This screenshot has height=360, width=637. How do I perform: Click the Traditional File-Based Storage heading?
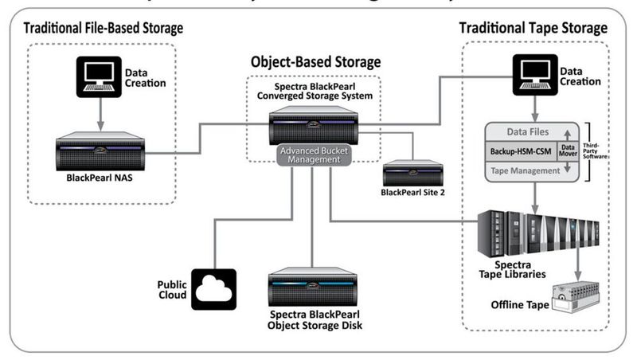tap(103, 28)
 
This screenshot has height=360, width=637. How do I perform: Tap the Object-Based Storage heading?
tap(315, 61)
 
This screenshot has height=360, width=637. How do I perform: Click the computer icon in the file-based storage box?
tap(99, 76)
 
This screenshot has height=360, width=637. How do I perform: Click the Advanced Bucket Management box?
tap(315, 154)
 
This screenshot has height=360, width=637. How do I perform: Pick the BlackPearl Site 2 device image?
tap(412, 172)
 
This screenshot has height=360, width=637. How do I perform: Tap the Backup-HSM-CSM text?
tap(521, 149)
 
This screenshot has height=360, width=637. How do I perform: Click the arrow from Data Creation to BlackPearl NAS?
tap(99, 115)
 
